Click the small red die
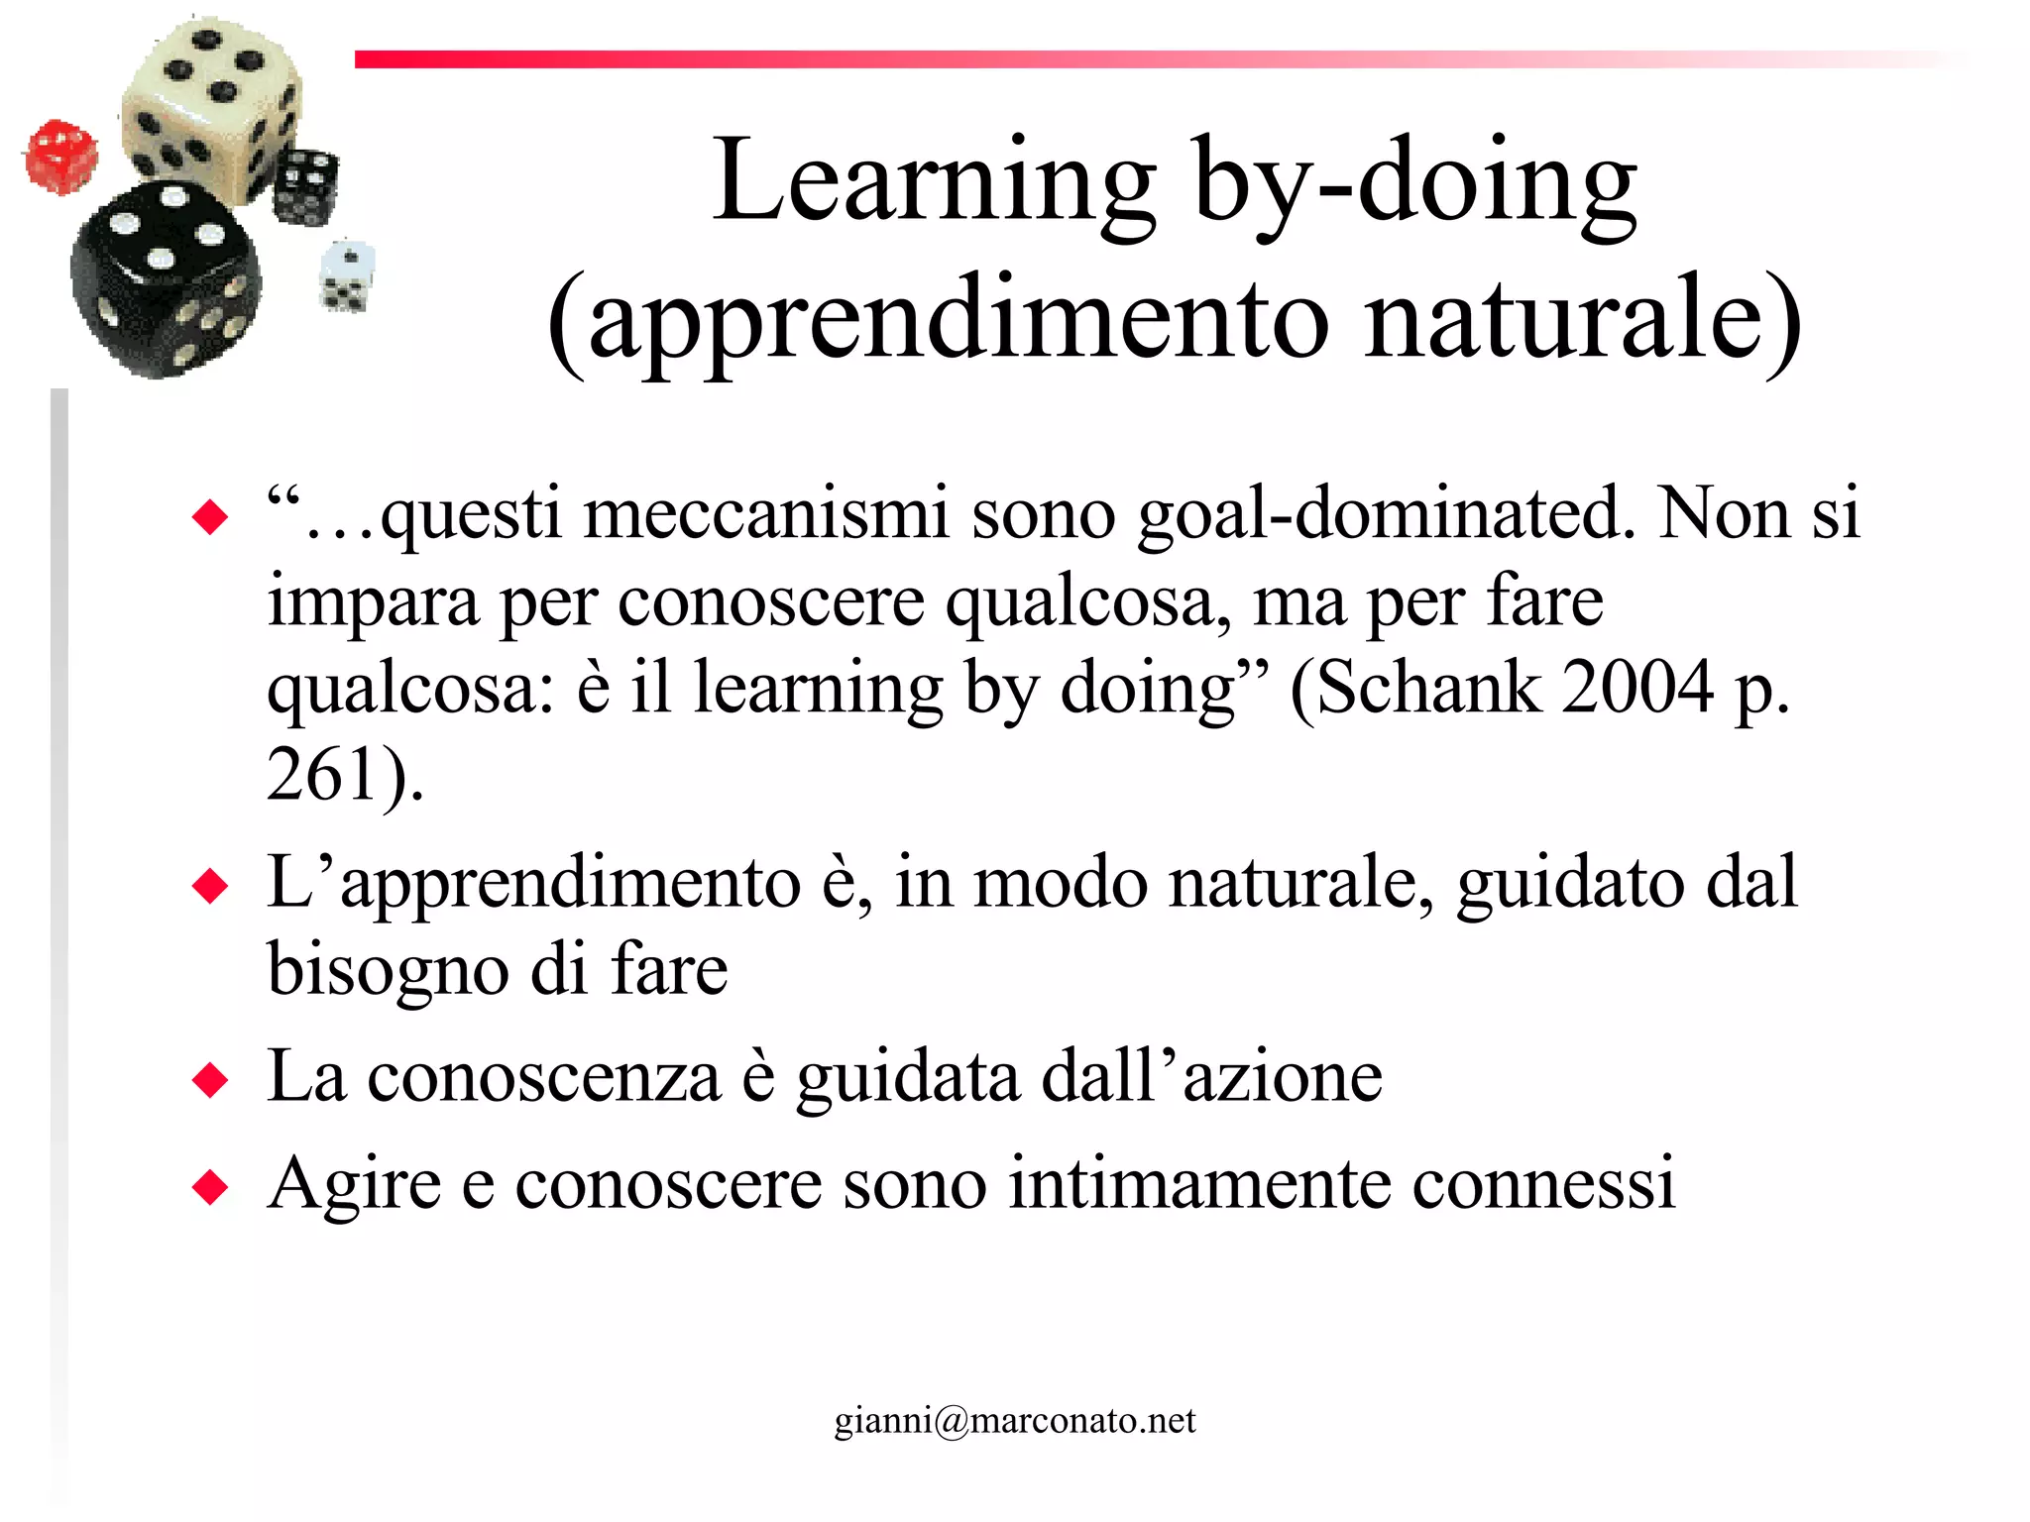pyautogui.click(x=61, y=157)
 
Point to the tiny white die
pyautogui.click(x=346, y=276)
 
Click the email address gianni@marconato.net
pyautogui.click(x=1014, y=1420)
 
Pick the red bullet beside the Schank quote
pyautogui.click(x=210, y=517)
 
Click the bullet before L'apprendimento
pyautogui.click(x=210, y=885)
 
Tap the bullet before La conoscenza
pyautogui.click(x=210, y=1080)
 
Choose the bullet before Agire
pyautogui.click(x=210, y=1186)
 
